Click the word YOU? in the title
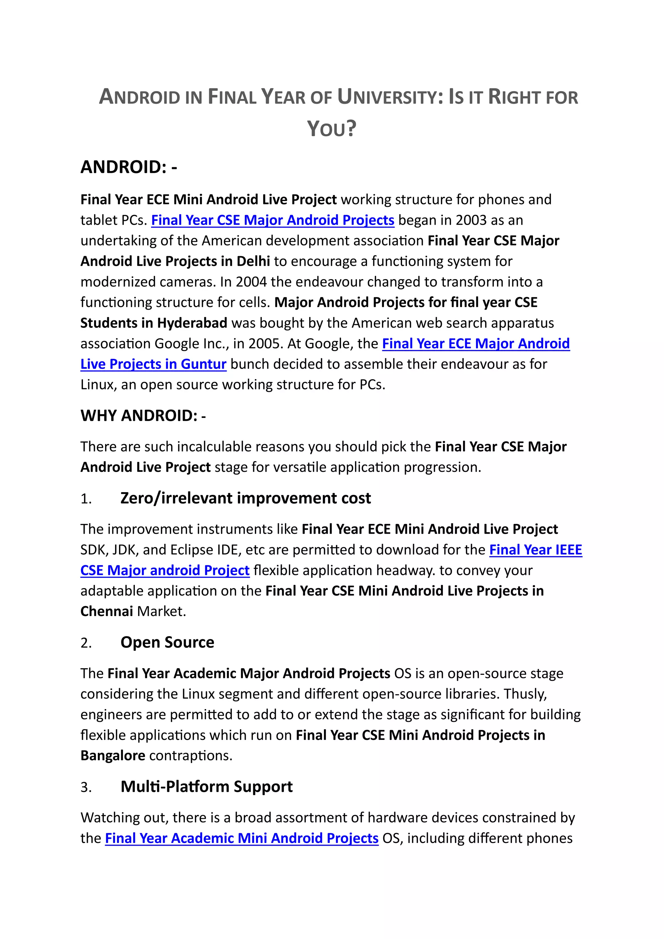[332, 129]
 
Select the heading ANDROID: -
[129, 167]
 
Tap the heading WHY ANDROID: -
[143, 416]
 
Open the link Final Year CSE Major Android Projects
[273, 220]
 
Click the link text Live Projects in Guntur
[153, 364]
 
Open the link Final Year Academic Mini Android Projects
[242, 838]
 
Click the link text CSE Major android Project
[165, 570]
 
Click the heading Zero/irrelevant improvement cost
[245, 498]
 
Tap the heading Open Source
[167, 642]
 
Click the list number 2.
[86, 643]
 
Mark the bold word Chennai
[107, 611]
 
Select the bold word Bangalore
[113, 755]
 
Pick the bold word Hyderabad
[192, 323]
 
